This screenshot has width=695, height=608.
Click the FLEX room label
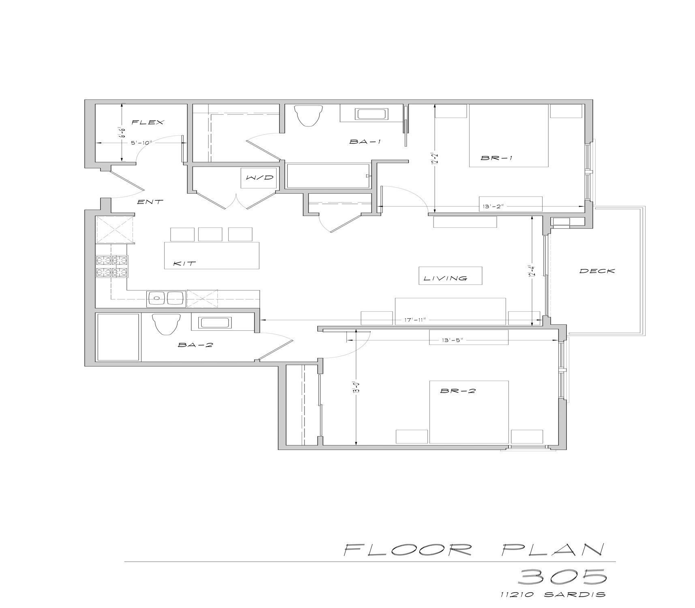pos(148,122)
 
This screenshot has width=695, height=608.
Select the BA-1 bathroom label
pos(365,142)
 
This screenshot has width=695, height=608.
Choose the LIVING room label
pos(445,278)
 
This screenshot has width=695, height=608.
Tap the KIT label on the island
pos(184,263)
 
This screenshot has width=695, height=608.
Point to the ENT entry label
pos(150,201)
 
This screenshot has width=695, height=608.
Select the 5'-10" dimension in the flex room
pos(141,142)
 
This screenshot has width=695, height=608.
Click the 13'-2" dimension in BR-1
pos(492,206)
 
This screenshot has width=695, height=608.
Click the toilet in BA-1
pos(309,116)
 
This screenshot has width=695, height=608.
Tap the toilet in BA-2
pos(166,325)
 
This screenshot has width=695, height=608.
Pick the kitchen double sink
pos(167,299)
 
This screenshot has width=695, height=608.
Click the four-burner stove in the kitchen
pos(112,266)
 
